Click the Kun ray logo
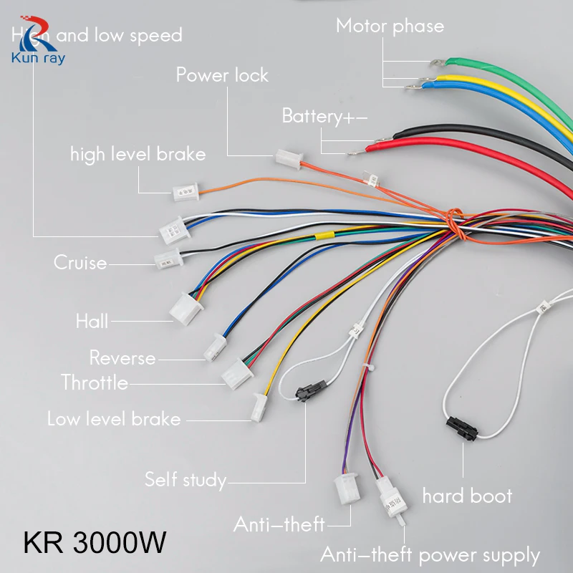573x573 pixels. point(37,43)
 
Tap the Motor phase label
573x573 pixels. point(390,27)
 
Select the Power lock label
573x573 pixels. point(222,74)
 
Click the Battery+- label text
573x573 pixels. point(324,116)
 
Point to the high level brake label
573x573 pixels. point(138,154)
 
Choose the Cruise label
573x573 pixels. point(80,263)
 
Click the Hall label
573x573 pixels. point(92,321)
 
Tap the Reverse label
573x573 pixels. point(122,357)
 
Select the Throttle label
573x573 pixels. point(95,382)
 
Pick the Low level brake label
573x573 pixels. point(113,419)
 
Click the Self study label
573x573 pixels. point(185,479)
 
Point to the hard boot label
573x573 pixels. point(467,496)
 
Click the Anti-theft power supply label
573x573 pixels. point(430,555)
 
